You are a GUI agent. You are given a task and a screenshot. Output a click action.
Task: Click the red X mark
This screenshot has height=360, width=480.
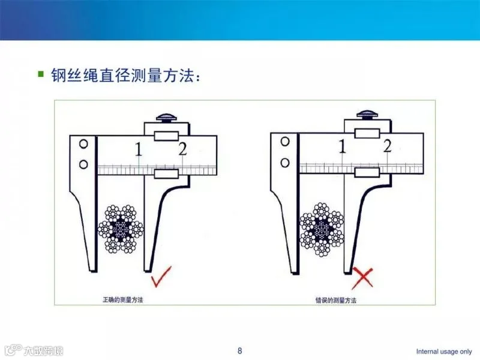362,278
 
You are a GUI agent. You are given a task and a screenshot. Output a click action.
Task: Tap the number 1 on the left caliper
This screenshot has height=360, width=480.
139,149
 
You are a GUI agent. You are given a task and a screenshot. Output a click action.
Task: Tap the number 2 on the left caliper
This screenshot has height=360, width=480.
183,149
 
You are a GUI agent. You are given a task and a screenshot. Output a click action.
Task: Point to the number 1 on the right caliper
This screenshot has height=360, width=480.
342,146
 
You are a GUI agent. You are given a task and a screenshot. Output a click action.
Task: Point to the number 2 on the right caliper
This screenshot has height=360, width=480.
387,145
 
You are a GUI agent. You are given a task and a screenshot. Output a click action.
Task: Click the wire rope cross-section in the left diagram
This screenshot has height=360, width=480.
121,229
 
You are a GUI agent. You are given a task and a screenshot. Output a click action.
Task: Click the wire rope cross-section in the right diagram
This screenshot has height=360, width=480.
322,229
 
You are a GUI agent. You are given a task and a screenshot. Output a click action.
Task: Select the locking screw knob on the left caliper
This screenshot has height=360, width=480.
167,118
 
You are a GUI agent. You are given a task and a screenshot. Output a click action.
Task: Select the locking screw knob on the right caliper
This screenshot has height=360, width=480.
367,114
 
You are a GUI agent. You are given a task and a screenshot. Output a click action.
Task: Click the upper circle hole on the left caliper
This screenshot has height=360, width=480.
83,144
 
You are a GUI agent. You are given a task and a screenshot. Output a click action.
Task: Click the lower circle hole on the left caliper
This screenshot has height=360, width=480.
83,164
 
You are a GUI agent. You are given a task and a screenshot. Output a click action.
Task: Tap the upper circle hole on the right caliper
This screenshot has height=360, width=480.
285,142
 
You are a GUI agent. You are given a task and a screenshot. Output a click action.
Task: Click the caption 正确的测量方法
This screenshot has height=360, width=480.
122,299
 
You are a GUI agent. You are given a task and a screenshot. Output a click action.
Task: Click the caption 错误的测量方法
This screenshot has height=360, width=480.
336,301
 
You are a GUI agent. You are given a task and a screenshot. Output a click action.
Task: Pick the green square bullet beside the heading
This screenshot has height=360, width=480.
41,74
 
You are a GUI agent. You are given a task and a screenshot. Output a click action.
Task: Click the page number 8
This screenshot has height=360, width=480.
239,350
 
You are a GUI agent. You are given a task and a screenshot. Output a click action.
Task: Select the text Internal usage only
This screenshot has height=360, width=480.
443,352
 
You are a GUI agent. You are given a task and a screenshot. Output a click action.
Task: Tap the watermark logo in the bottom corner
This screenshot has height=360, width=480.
34,350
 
